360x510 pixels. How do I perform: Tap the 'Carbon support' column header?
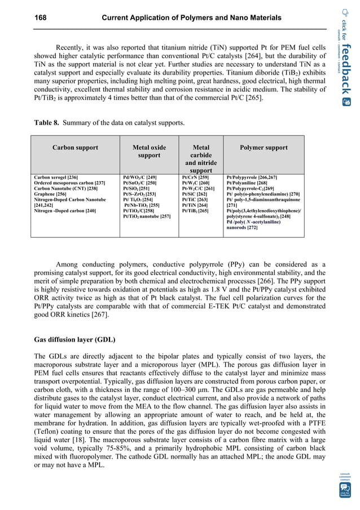pos(75,148)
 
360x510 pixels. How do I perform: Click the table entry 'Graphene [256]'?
pos(50,194)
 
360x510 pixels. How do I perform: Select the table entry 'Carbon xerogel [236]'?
pos(56,177)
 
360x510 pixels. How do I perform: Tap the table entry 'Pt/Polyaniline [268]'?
pos(247,183)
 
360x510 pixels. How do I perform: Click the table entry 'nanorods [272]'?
pos(242,227)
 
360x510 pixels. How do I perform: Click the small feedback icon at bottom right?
pos(345,489)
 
